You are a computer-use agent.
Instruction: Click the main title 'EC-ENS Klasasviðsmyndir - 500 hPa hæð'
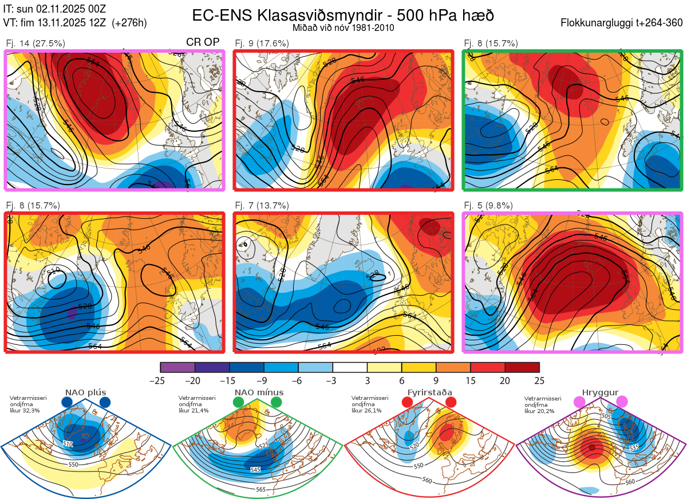click(x=343, y=15)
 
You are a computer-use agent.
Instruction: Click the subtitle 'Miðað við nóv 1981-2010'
click(x=343, y=27)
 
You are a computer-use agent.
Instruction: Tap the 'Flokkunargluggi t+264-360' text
click(x=623, y=23)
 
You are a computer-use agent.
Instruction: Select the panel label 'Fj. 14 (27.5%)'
click(x=35, y=43)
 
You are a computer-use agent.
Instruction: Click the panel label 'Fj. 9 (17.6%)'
click(x=262, y=43)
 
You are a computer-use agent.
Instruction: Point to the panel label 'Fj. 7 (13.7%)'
click(x=262, y=206)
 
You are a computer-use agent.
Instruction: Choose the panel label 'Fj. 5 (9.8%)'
click(x=488, y=206)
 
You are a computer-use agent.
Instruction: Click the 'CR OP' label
click(x=203, y=42)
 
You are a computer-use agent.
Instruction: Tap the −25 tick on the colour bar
click(x=160, y=380)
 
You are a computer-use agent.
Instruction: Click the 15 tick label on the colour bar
click(x=470, y=380)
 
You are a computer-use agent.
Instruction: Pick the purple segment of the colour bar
click(x=177, y=367)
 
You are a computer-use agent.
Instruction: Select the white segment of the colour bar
click(x=350, y=367)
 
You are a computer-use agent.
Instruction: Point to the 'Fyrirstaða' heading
click(x=429, y=392)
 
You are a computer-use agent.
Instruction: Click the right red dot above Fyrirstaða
click(x=450, y=403)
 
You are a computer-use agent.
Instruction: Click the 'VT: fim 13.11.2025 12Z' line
click(x=74, y=23)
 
